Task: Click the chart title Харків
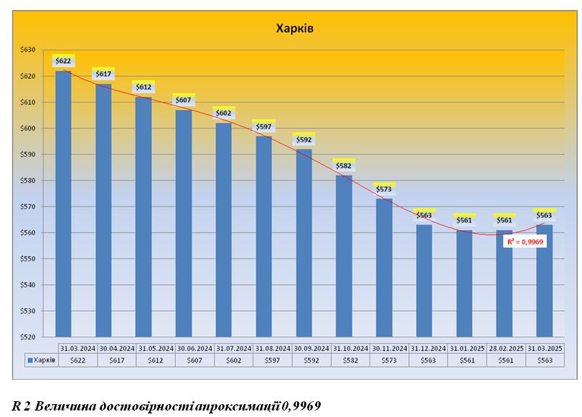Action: [x=295, y=29]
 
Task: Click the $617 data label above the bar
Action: [x=103, y=74]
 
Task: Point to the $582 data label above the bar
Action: [x=344, y=166]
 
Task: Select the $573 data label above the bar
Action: [x=384, y=189]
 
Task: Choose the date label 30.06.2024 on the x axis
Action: [x=195, y=347]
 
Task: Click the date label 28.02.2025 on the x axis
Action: [x=506, y=347]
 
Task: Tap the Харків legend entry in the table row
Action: [x=43, y=360]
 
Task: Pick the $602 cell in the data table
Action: [x=234, y=360]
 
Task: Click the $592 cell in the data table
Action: [x=311, y=360]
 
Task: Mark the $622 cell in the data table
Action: [x=78, y=360]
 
